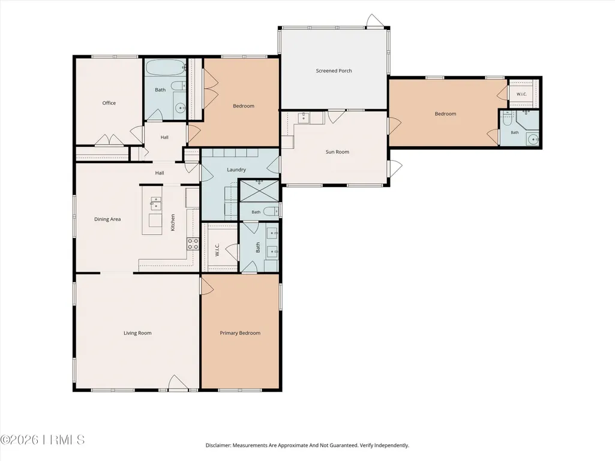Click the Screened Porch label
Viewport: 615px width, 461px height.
334,71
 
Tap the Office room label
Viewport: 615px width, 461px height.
109,103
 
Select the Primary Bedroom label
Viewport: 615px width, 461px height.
240,333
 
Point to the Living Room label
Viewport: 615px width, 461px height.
137,333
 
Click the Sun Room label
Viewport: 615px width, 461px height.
337,152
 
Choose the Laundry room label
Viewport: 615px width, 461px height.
236,170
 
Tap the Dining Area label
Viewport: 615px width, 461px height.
107,219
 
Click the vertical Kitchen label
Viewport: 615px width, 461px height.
173,222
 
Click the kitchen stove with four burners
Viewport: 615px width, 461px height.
193,244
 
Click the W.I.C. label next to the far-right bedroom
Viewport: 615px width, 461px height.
521,95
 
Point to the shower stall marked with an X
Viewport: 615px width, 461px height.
259,191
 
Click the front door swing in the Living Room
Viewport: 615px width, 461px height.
178,382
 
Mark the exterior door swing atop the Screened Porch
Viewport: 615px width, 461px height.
374,20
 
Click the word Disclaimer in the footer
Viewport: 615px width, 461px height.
218,445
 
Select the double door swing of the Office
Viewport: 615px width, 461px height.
109,139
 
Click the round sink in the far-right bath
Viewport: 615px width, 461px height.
533,139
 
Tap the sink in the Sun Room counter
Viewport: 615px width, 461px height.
303,117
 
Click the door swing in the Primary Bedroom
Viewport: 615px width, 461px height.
207,285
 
